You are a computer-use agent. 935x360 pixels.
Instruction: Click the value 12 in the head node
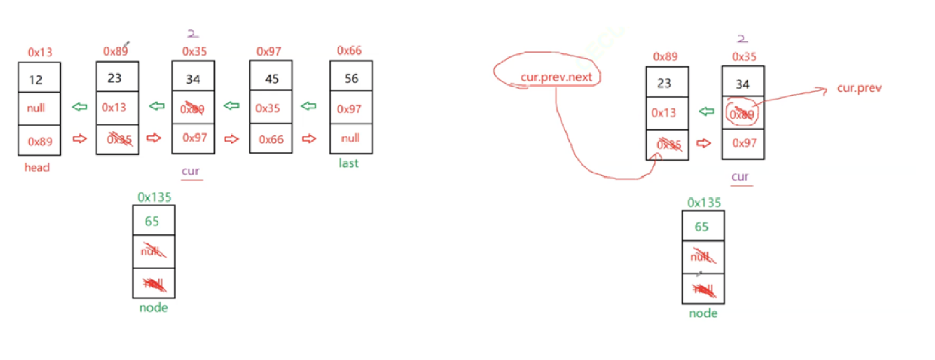click(x=36, y=80)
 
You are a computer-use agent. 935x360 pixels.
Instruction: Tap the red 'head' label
click(x=37, y=167)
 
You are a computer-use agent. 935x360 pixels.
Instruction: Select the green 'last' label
click(x=349, y=163)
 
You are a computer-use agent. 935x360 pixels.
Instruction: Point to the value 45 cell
click(x=272, y=79)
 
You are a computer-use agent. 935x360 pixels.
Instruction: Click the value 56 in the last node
click(x=351, y=78)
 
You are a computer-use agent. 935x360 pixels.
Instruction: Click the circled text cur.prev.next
click(x=556, y=77)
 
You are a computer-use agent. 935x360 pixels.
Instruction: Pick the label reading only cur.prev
click(x=859, y=88)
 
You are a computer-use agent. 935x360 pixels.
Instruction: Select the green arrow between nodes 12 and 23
click(x=79, y=107)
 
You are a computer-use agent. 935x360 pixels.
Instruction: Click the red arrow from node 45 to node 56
click(x=309, y=138)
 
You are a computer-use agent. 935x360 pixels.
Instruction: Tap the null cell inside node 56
click(x=351, y=138)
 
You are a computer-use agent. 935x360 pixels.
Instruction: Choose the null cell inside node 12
click(x=36, y=108)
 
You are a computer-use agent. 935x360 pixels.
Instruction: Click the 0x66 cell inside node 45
click(x=271, y=139)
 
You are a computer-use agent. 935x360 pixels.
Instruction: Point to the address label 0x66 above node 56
click(x=349, y=50)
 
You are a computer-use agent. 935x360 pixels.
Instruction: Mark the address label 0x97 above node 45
click(x=269, y=51)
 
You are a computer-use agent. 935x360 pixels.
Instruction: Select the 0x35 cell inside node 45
click(x=267, y=108)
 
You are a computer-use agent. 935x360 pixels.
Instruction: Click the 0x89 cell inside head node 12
click(x=40, y=142)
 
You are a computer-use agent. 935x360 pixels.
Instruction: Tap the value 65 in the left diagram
click(x=152, y=221)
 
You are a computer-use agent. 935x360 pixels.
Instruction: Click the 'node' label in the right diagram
click(x=703, y=313)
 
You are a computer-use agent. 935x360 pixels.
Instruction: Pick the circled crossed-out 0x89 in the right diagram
click(x=742, y=114)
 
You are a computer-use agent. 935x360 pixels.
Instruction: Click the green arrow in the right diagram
click(x=707, y=111)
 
